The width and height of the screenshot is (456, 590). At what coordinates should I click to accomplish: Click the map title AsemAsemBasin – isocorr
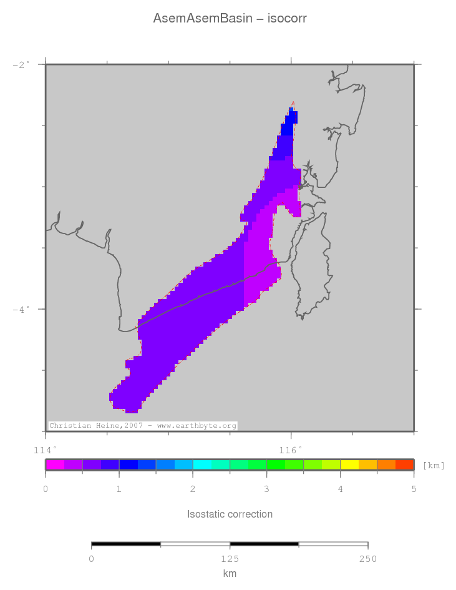(230, 19)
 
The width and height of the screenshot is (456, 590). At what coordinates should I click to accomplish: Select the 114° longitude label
(45, 450)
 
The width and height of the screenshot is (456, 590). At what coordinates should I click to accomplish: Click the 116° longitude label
(290, 450)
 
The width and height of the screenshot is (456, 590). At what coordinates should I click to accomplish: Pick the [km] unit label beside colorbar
(434, 465)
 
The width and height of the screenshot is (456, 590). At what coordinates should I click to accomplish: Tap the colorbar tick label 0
(46, 489)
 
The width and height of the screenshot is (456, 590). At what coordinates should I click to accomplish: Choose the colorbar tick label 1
(119, 489)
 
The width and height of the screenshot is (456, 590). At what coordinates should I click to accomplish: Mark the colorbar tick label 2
(193, 489)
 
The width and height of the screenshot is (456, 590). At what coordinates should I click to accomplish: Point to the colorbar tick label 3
(266, 489)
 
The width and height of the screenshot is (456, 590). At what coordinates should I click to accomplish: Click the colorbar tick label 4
(340, 489)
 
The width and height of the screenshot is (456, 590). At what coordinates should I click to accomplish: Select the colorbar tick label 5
(414, 489)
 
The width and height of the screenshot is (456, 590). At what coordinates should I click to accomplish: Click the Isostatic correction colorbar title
(230, 514)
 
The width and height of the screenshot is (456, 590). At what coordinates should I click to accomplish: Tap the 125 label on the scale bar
(230, 559)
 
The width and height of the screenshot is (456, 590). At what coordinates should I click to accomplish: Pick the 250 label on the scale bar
(367, 559)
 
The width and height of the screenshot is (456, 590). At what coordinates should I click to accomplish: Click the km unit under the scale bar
(230, 574)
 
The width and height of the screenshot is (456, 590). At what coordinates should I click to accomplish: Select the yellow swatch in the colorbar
(349, 465)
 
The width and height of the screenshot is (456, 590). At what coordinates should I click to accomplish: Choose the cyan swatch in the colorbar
(202, 465)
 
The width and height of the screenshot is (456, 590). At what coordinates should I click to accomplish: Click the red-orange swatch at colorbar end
(404, 465)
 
